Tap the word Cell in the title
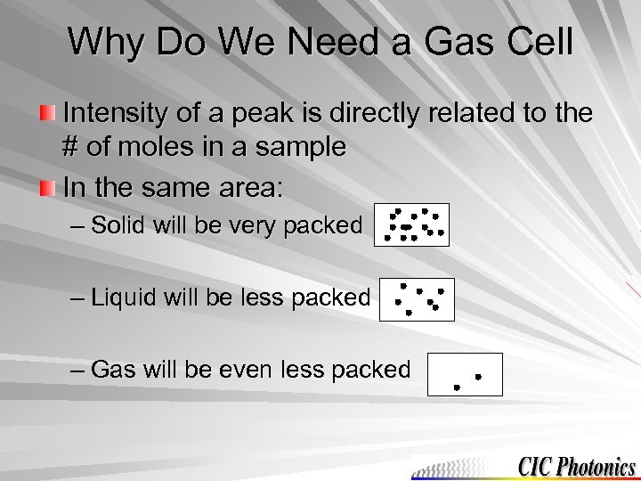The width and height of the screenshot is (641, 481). coord(537,42)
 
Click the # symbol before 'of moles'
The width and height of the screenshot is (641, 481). coord(72,147)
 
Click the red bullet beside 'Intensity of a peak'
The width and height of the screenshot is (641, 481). coord(47,114)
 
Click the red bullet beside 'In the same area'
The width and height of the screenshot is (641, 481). coord(47,188)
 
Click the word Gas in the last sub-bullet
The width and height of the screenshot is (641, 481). coord(111,369)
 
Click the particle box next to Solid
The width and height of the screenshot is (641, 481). coord(412,224)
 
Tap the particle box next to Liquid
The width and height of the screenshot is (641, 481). coord(417,299)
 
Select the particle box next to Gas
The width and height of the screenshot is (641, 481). coord(465,374)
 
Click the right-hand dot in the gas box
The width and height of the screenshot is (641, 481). coord(478,377)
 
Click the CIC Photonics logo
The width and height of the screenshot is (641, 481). coord(576,467)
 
